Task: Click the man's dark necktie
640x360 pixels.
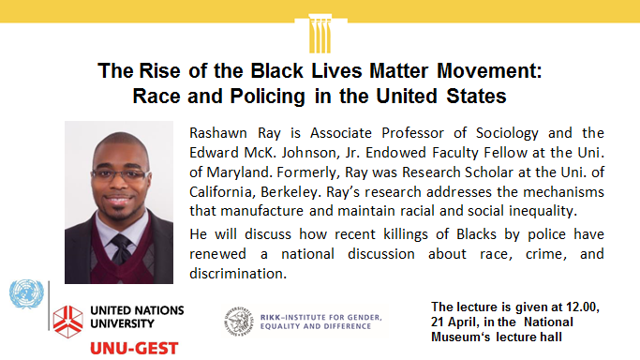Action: (x=120, y=250)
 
